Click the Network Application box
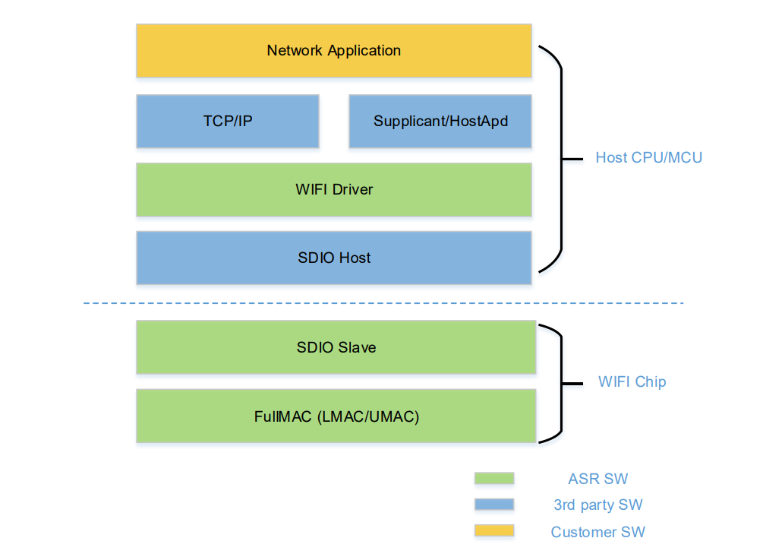coord(334,51)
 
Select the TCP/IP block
coord(228,122)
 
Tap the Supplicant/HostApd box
coord(440,122)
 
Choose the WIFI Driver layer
coord(334,190)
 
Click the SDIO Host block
coord(334,258)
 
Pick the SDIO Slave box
coord(336,347)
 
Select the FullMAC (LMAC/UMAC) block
coord(336,416)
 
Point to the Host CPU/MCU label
coord(648,158)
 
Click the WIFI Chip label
coord(632,381)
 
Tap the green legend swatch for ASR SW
coord(494,478)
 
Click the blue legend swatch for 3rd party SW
coord(494,505)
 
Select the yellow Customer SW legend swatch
coord(494,530)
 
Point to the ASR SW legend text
coord(598,479)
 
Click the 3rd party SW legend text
coord(598,505)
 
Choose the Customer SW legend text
coord(598,532)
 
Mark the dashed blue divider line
coord(383,303)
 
